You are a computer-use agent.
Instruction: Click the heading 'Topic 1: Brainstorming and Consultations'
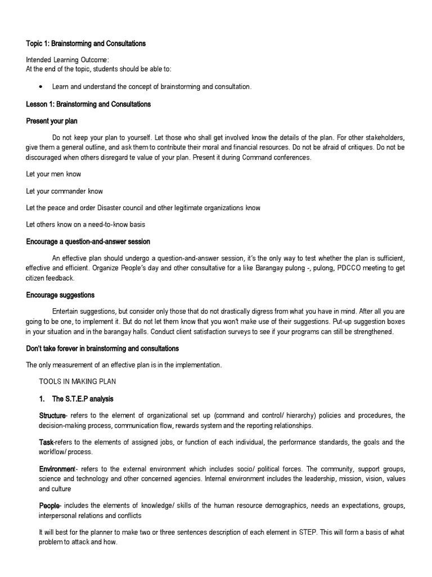(x=86, y=43)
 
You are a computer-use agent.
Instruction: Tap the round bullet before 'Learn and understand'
(x=42, y=87)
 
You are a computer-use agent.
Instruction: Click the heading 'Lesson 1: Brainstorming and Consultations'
(x=88, y=104)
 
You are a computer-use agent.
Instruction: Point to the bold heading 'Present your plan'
(x=52, y=121)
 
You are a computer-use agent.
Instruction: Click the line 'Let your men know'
(x=53, y=174)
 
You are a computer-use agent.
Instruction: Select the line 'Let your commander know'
(x=64, y=191)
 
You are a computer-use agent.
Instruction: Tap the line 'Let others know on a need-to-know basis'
(x=85, y=224)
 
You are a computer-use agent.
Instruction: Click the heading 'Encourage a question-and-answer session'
(x=88, y=242)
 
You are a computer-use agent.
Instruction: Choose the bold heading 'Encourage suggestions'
(x=60, y=295)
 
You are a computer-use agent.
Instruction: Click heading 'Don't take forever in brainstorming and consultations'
(x=102, y=348)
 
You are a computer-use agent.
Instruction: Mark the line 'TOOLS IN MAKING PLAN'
(x=77, y=381)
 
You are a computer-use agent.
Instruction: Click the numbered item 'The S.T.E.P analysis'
(x=83, y=399)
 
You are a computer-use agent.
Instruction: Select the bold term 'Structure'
(x=52, y=416)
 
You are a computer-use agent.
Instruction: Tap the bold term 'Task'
(x=46, y=442)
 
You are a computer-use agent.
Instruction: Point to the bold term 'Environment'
(x=56, y=469)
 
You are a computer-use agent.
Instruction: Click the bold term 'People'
(x=48, y=505)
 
